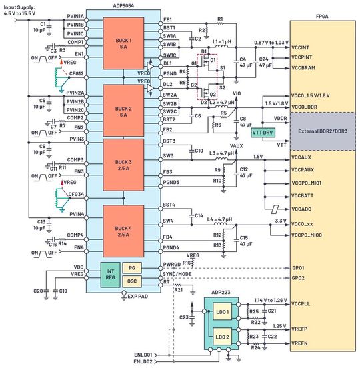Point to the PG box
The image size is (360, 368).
pyautogui.click(x=132, y=267)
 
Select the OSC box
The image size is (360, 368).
pyautogui.click(x=132, y=281)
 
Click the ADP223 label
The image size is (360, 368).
pyautogui.click(x=219, y=291)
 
